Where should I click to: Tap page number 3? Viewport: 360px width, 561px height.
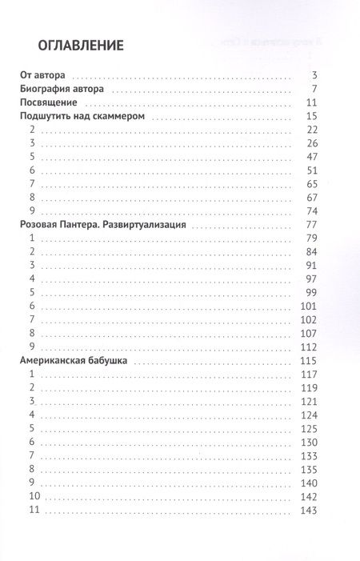[x=317, y=75]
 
